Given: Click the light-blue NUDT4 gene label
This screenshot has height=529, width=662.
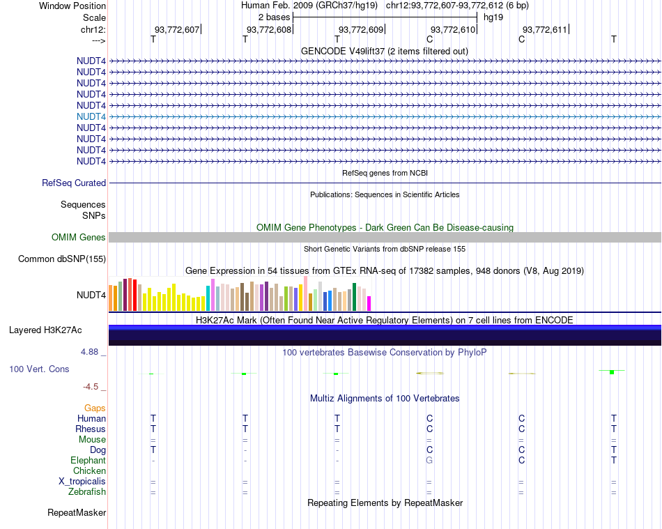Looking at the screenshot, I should point(91,116).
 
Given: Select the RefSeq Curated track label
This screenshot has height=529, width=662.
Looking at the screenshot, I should point(74,183).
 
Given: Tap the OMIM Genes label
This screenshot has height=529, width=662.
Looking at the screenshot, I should point(79,238).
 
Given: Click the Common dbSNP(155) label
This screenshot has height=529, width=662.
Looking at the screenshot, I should point(61,259).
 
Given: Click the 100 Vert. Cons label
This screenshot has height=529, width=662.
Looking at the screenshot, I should point(40,369).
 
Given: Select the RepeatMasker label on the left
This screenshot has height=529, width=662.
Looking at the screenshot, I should point(77,513).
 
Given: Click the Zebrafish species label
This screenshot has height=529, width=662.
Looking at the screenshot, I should point(87,492).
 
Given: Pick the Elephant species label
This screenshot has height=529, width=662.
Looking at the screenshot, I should point(88,461).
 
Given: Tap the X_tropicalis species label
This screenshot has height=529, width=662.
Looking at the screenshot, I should point(82,482).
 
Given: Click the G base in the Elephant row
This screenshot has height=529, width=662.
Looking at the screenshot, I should point(429,461).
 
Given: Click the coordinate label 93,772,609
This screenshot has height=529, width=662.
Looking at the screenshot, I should point(361,30).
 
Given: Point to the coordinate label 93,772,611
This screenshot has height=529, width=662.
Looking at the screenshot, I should point(545,30).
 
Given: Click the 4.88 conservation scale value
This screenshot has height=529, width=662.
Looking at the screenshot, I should point(90,352).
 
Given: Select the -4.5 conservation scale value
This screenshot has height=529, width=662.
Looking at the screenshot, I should point(91,387).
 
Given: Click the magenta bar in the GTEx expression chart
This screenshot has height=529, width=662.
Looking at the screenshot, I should point(369,303).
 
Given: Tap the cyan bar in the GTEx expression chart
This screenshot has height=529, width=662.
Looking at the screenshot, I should point(208,298).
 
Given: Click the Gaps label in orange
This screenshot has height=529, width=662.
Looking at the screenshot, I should point(95,408).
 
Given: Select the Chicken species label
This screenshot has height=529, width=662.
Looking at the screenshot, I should point(89,471).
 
